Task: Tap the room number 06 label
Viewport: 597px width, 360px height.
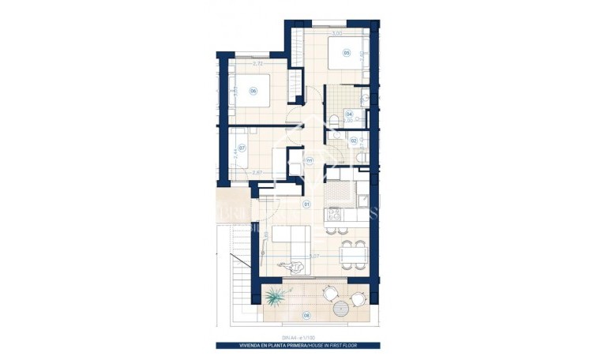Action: pos(253,91)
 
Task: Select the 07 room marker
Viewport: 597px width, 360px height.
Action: pos(242,148)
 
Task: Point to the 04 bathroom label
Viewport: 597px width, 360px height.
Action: pos(348,114)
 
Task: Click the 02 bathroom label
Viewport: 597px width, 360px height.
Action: pos(353,141)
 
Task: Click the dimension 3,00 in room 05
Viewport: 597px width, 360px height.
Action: pos(336,34)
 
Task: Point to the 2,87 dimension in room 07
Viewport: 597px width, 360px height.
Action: pos(257,173)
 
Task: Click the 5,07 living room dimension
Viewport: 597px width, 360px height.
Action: pos(314,256)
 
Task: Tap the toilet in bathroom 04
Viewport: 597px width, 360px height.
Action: pos(336,120)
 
